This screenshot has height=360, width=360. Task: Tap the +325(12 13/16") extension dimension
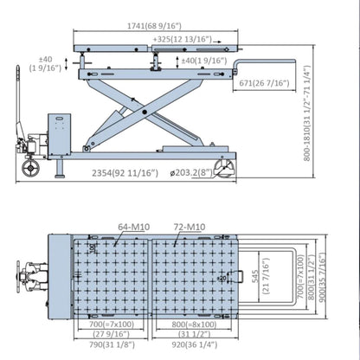pos(184,40)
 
